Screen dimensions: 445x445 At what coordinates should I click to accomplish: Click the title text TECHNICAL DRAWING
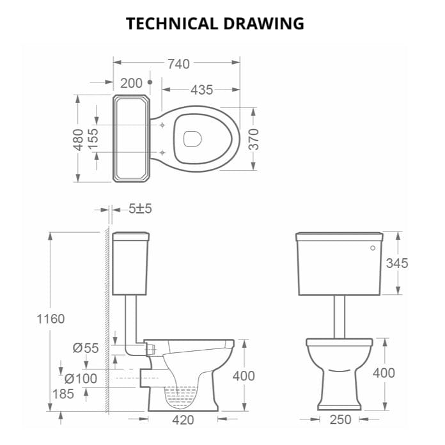pos(215,24)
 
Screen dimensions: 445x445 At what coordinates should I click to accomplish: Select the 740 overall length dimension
pos(178,63)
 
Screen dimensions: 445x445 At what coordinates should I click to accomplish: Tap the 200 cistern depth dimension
pos(131,83)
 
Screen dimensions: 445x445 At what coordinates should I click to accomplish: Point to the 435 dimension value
pos(201,90)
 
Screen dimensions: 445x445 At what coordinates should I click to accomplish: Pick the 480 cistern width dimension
pos(78,139)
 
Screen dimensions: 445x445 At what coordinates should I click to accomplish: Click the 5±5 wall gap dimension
pos(139,209)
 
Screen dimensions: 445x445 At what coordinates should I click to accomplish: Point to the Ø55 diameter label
pos(86,348)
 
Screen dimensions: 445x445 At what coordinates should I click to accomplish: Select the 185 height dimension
pos(63,394)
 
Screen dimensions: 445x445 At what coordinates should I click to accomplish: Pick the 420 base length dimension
pos(183,420)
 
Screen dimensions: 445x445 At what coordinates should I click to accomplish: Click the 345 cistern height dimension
pos(396,263)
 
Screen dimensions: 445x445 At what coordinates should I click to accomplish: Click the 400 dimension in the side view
pos(243,376)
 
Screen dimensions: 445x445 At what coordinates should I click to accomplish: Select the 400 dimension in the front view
pos(384,373)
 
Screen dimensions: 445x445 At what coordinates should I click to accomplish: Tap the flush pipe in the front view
pos(339,316)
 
